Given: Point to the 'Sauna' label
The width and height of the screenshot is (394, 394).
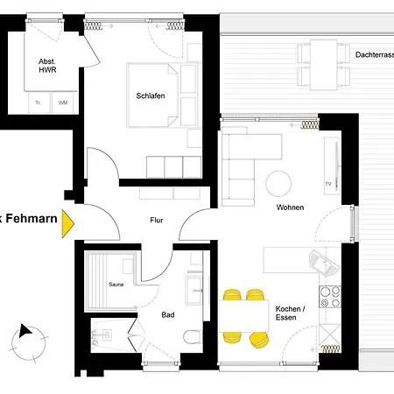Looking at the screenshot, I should pos(116,285).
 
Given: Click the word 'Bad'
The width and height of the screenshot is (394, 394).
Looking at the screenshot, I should pos(168,314).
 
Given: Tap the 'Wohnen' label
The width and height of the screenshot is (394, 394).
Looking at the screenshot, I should pos(290,208).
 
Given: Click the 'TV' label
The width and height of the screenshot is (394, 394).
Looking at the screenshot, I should pos(327,185).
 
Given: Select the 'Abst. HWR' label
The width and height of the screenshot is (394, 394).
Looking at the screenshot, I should pos(46,66).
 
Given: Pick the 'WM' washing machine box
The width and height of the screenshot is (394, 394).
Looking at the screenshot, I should pos(62,102).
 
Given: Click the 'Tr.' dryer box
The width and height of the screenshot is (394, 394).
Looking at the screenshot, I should pos(38,102).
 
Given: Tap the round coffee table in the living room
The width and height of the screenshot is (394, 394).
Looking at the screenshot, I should pos(279,183).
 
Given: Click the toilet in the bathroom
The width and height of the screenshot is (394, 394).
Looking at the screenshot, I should pos(188,337).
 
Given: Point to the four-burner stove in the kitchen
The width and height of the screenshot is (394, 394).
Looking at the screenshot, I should pos(331,297).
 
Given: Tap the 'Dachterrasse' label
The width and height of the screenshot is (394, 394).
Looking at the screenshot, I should pos(374,54).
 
